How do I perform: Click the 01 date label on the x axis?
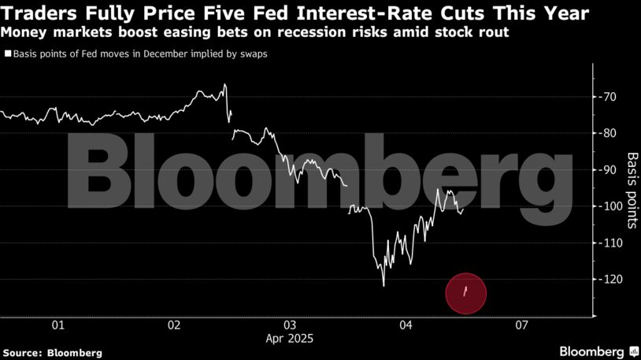57,325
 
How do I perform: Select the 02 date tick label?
173,325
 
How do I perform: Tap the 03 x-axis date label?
290,325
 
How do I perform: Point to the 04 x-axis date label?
406,325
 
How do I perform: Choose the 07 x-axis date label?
521,325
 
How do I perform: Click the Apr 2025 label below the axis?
290,339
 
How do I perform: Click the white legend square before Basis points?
7,54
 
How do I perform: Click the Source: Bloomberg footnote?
52,353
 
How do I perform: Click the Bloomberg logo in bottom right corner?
597,351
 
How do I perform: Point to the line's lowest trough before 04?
383,285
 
